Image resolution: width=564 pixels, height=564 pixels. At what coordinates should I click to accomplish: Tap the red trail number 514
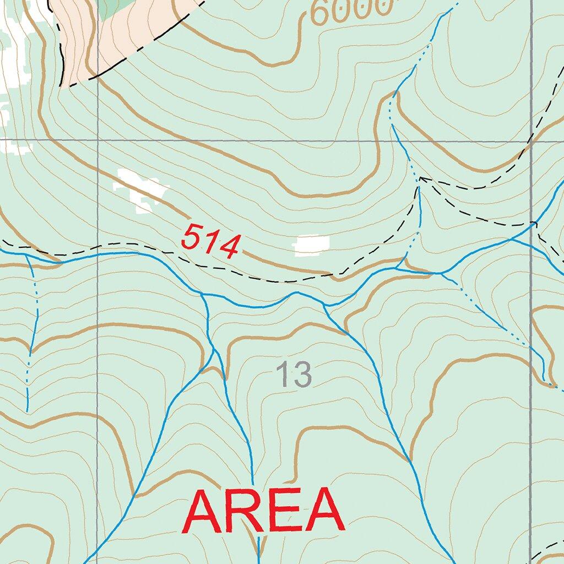pos(211,242)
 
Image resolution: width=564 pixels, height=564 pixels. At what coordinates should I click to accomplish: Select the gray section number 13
pos(294,375)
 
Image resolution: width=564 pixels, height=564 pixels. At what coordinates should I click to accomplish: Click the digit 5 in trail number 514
pos(191,236)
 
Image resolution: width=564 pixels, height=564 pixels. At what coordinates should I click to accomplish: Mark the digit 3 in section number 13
pos(302,375)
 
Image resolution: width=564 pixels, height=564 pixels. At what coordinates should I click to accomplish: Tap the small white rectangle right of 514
pos(311,245)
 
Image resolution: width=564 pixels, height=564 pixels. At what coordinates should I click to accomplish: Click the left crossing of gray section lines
pos(97,140)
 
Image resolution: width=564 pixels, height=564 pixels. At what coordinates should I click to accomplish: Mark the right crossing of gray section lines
pos(532,140)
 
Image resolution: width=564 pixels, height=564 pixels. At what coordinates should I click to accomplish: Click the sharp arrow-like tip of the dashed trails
pos(420,178)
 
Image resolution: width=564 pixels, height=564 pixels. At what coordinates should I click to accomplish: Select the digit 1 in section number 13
pos(283,375)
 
